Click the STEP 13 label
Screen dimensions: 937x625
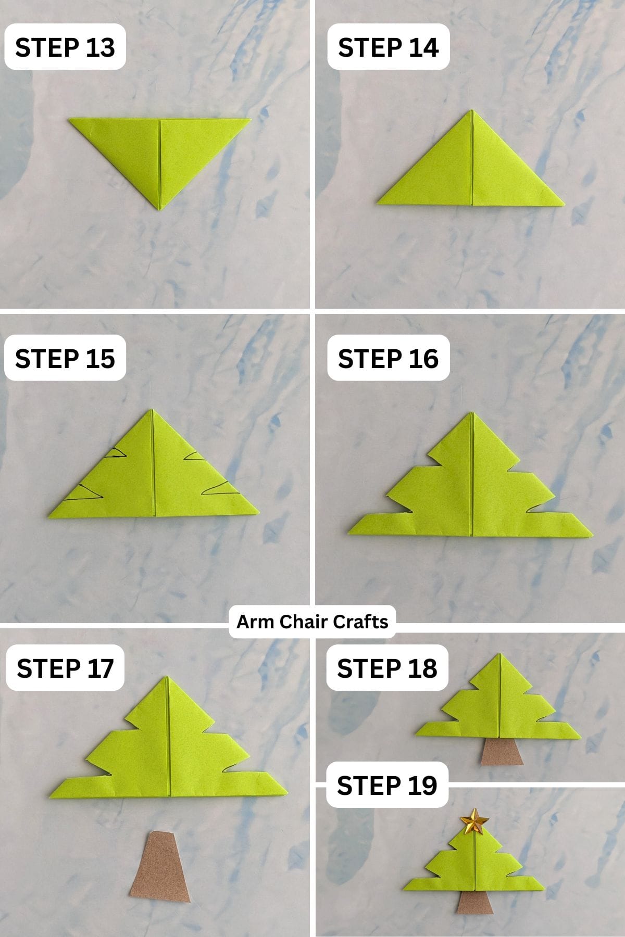point(65,47)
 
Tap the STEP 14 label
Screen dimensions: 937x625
point(388,47)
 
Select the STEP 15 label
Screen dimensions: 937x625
point(65,359)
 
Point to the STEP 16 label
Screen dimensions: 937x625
point(388,359)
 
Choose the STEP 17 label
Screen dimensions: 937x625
point(65,668)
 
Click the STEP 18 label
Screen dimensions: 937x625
point(387,668)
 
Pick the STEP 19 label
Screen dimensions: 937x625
point(387,785)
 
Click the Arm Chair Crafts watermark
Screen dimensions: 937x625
point(312,622)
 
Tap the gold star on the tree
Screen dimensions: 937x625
point(474,821)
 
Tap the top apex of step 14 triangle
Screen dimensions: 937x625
point(472,111)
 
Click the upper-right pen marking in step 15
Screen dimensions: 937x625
point(196,457)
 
